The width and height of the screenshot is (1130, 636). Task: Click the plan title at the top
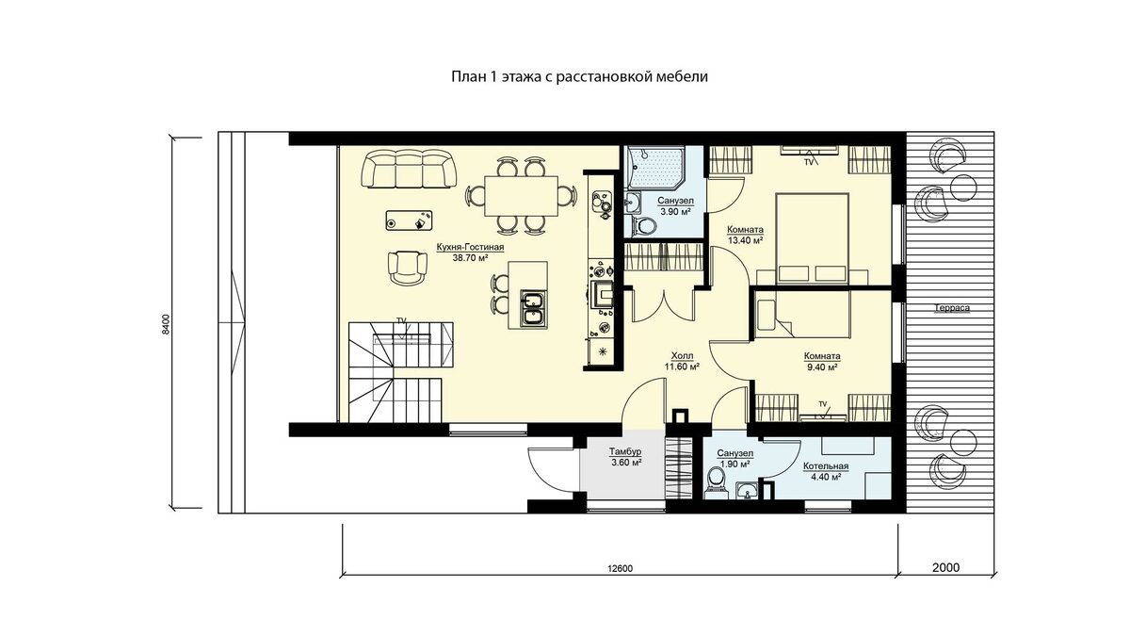point(579,76)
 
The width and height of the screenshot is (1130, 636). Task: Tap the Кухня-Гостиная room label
point(470,247)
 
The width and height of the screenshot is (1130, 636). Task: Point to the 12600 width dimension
point(620,569)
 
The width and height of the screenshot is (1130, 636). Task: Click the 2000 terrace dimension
point(945,567)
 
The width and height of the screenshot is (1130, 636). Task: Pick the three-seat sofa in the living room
point(409,168)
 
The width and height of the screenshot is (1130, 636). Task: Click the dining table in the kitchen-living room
point(521,196)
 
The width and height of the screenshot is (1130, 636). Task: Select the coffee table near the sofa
point(409,220)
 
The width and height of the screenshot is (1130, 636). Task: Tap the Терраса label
point(951,308)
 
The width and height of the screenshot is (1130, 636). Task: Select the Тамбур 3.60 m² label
point(625,457)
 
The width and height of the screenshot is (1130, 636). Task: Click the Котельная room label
point(826,466)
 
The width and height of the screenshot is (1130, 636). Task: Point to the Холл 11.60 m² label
point(682,362)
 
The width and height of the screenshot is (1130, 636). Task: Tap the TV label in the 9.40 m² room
point(823,404)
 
